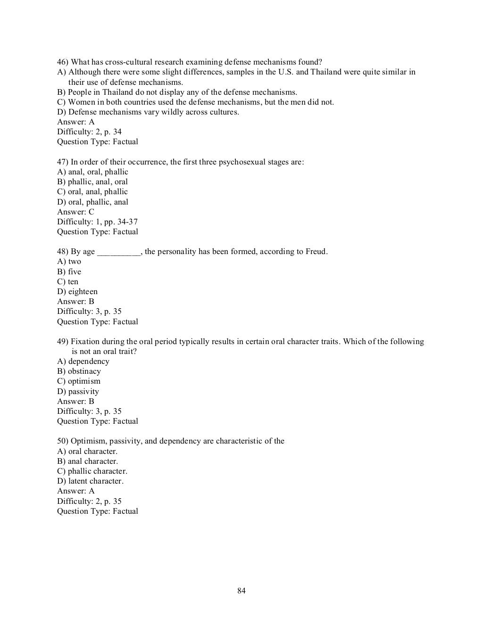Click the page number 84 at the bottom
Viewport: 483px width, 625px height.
click(x=241, y=591)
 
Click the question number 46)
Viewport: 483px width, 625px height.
click(x=63, y=62)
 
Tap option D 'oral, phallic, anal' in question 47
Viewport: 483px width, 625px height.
click(x=92, y=202)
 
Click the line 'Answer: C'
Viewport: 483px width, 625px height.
click(x=75, y=212)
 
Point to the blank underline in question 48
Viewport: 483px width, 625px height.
click(x=118, y=252)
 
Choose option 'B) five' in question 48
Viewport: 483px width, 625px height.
click(x=69, y=272)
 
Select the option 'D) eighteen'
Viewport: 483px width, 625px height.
click(x=77, y=292)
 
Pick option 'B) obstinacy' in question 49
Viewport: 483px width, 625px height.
click(x=79, y=371)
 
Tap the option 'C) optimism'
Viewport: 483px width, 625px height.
click(x=79, y=381)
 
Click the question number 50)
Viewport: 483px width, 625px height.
click(x=63, y=441)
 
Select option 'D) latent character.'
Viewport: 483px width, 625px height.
click(x=90, y=481)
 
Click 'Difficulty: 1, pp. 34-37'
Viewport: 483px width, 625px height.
click(x=97, y=222)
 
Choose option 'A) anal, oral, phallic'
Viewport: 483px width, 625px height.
click(x=92, y=172)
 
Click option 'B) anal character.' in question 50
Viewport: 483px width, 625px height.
click(x=87, y=461)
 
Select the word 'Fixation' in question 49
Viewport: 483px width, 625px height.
click(x=84, y=342)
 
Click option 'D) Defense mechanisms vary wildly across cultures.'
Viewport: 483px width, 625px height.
click(x=148, y=112)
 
